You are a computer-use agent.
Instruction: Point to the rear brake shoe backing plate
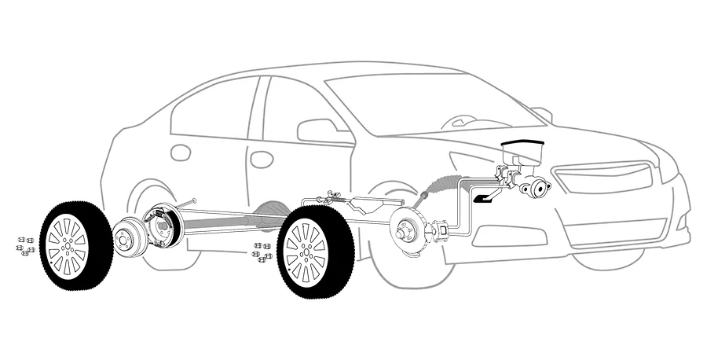164,225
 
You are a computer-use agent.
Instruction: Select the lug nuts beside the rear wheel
24,245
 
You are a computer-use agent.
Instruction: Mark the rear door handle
181,152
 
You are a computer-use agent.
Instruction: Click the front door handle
262,159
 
